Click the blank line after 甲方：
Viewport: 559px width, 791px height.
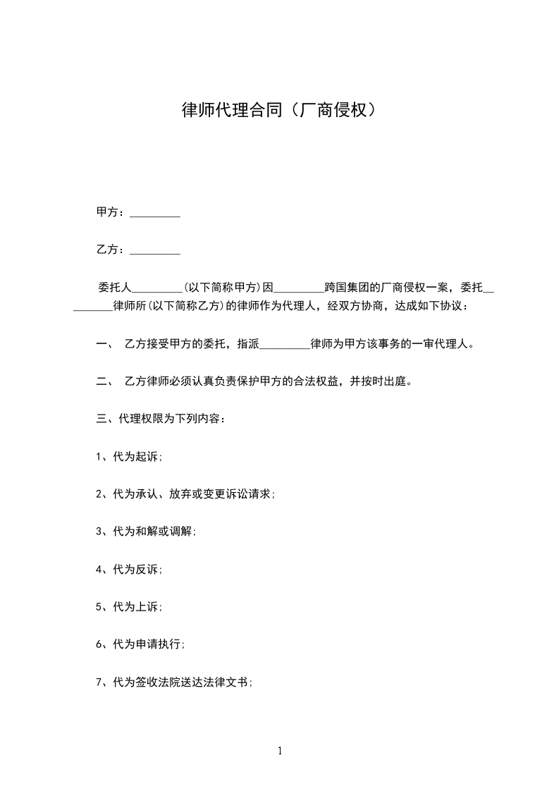pos(155,213)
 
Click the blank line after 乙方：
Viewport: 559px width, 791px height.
pos(155,250)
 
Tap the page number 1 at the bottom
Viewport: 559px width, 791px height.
pos(280,752)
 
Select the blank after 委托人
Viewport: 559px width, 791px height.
pos(157,288)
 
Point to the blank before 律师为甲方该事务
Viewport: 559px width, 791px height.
pos(285,345)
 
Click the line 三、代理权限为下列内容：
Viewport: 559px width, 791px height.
pos(161,419)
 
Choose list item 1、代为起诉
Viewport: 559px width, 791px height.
pos(129,456)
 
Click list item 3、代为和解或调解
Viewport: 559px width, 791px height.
pos(146,532)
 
